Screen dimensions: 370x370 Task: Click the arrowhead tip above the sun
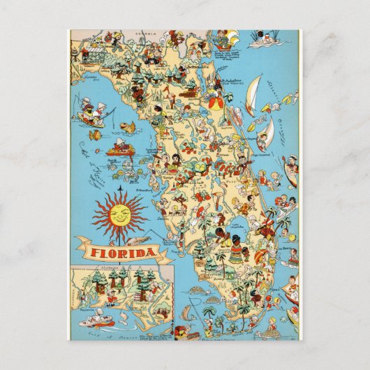click(120, 186)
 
